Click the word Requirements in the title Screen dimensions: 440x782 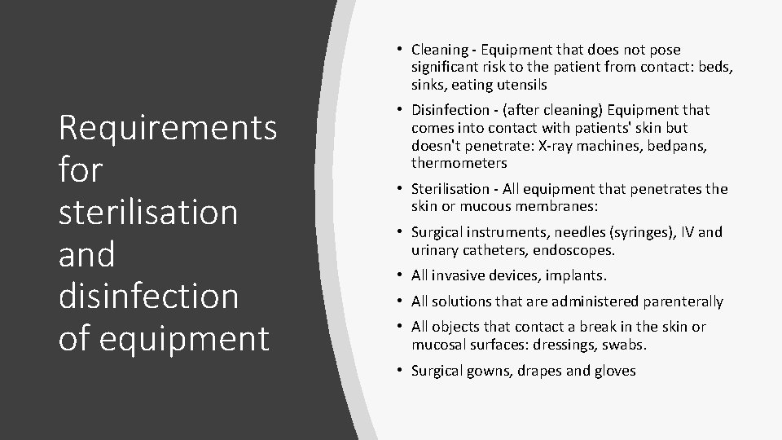(x=168, y=128)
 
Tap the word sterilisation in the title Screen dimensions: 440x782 (x=148, y=212)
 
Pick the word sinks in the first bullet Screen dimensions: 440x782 (x=426, y=84)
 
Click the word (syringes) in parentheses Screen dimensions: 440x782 (x=626, y=232)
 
